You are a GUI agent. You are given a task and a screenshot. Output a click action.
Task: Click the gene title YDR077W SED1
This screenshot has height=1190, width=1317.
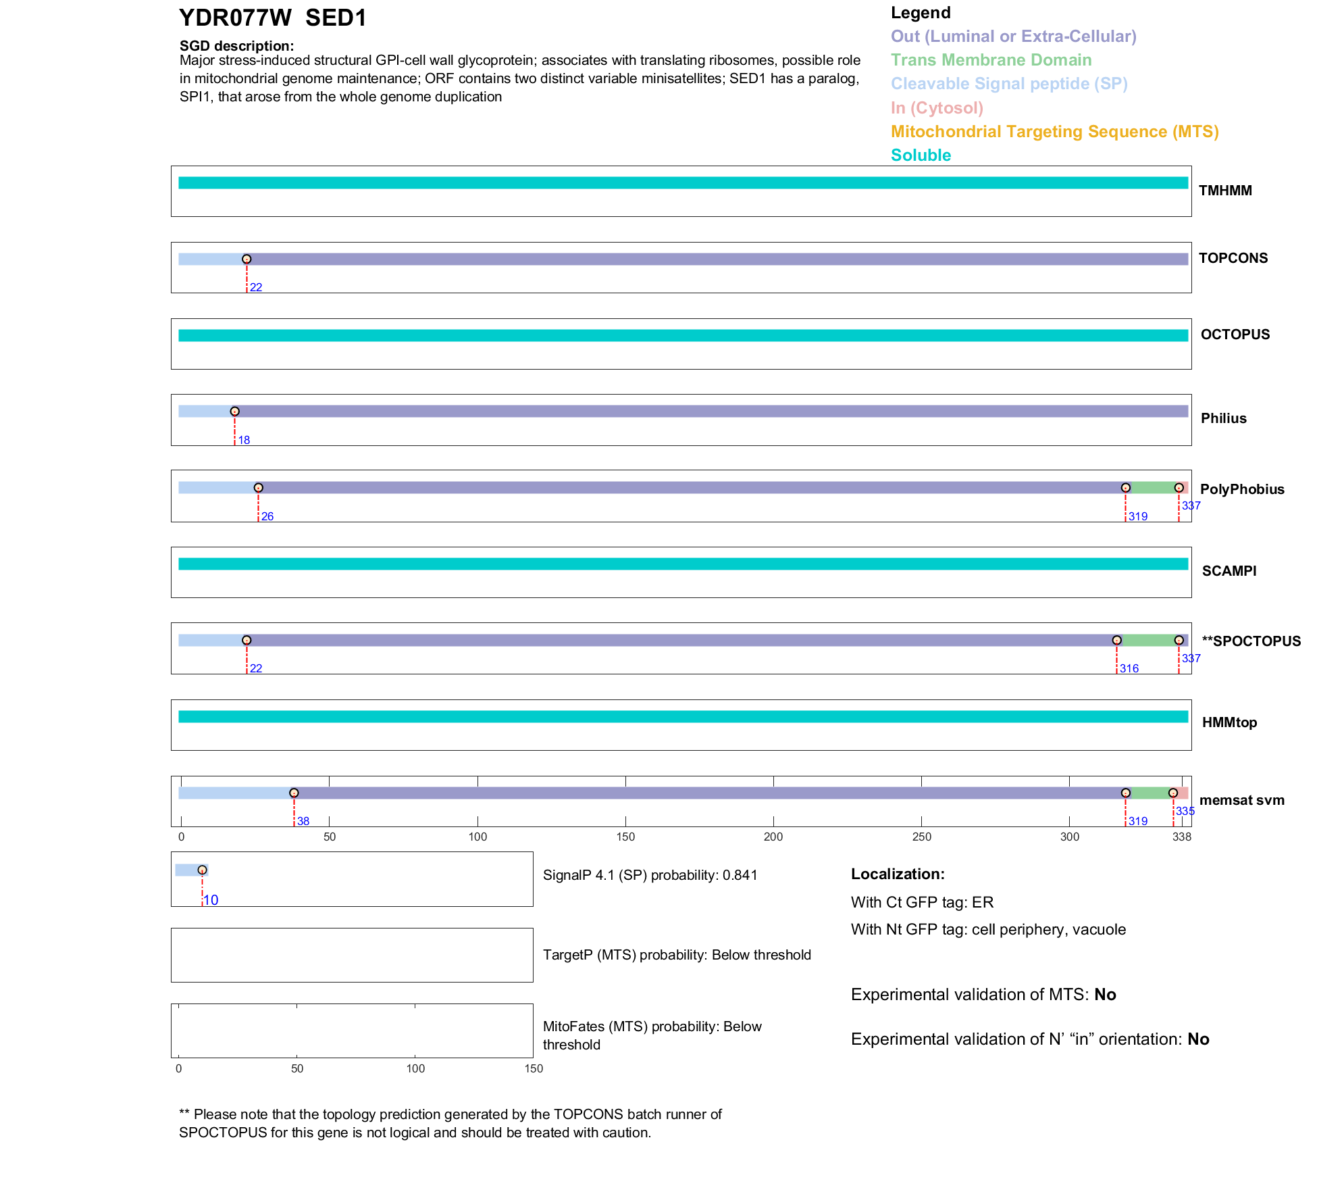[x=272, y=18]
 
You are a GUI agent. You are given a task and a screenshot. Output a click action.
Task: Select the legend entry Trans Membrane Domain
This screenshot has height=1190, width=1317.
[x=991, y=60]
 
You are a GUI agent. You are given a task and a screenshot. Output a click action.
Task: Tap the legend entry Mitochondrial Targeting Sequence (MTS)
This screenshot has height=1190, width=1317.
[x=1054, y=132]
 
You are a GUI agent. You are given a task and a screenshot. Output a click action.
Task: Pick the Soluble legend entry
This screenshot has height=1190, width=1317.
[x=921, y=155]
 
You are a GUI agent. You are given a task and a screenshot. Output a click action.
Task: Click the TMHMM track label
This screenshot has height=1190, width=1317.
[x=1225, y=191]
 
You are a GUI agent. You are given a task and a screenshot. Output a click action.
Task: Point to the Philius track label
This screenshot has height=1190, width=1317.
[x=1223, y=418]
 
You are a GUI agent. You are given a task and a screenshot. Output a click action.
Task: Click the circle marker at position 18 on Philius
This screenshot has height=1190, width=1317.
[x=234, y=412]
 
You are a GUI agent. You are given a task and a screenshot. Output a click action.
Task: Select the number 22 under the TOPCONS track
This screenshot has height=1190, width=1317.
[x=256, y=288]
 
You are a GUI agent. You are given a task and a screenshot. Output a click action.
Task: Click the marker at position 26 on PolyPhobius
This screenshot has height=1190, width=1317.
[x=258, y=488]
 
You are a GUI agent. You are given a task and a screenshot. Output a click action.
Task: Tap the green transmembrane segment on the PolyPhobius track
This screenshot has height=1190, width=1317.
[x=1152, y=488]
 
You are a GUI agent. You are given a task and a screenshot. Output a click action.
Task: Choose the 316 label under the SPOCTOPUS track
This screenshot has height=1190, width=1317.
[x=1129, y=669]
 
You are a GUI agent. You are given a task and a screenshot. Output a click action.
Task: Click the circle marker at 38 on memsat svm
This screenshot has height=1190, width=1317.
[x=294, y=793]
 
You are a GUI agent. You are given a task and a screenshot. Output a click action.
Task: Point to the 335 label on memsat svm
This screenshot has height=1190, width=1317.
[x=1185, y=812]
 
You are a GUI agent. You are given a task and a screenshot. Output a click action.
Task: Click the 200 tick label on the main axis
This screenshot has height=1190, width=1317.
[x=773, y=837]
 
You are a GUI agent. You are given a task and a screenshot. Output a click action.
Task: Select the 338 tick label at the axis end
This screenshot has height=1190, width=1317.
[x=1182, y=837]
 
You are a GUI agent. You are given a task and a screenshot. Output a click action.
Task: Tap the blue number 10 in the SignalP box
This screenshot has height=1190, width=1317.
[x=211, y=901]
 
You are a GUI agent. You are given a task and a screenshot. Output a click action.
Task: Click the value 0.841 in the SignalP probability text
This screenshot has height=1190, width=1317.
[x=740, y=876]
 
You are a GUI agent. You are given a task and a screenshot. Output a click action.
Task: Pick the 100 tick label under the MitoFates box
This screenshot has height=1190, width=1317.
[x=415, y=1069]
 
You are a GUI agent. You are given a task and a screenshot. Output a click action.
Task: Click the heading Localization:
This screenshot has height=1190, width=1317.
[x=898, y=874]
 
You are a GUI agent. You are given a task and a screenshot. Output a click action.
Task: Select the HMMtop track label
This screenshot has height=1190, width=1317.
[x=1229, y=723]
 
